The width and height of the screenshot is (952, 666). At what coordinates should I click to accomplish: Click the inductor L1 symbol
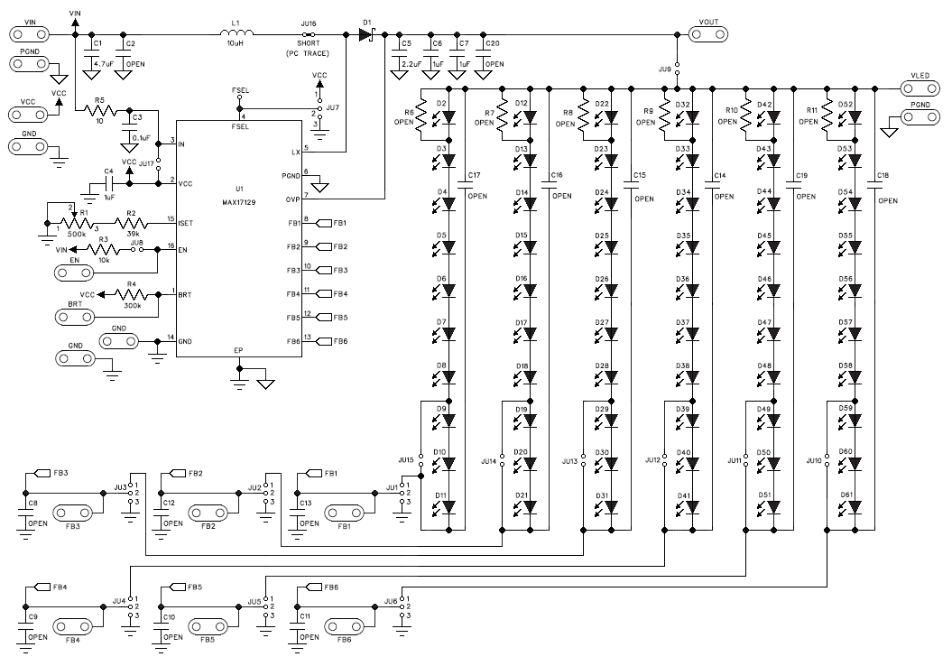click(236, 34)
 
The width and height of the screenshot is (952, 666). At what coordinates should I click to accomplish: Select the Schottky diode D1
click(366, 34)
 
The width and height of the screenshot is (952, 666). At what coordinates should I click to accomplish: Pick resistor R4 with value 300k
click(132, 293)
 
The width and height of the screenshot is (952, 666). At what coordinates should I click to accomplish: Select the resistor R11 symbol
click(825, 123)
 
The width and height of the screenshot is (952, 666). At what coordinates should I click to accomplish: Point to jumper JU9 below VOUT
click(677, 69)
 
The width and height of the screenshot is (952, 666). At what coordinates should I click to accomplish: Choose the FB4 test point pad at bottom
click(73, 624)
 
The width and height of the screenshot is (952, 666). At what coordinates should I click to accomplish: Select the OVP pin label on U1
click(293, 199)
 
